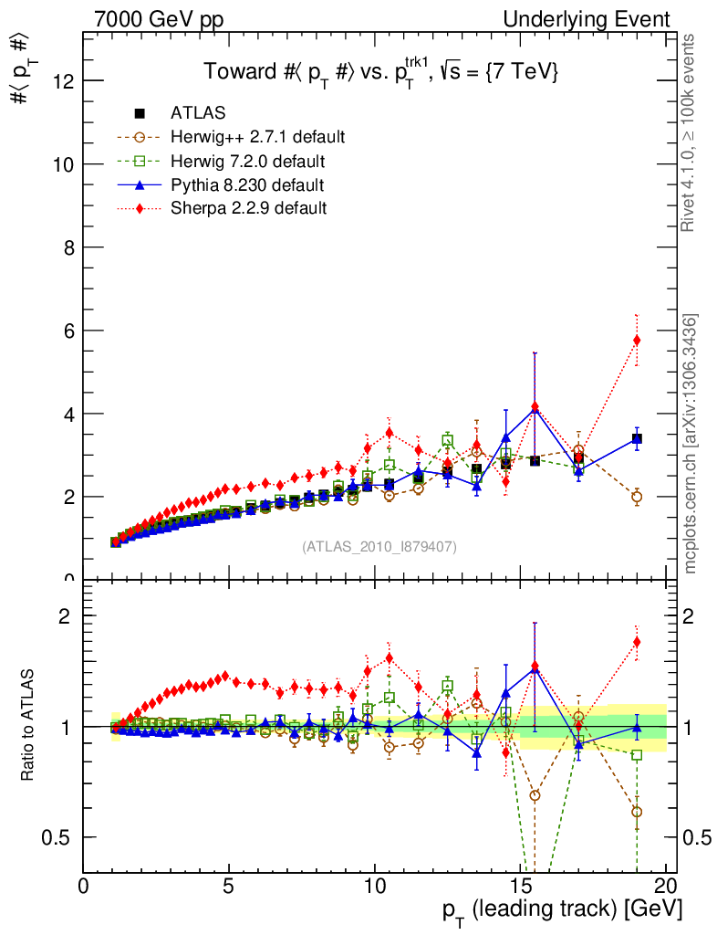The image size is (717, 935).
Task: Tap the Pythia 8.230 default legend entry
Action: (x=247, y=184)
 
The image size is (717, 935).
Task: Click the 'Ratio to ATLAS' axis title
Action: (x=29, y=726)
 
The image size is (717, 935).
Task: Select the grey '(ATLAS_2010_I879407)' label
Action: (x=379, y=546)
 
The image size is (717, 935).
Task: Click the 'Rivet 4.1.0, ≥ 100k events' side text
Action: (x=691, y=133)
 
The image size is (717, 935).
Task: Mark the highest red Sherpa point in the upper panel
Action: (x=637, y=341)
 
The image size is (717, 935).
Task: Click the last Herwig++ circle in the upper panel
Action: (x=637, y=497)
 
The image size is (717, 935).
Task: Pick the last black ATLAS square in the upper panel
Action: (x=637, y=439)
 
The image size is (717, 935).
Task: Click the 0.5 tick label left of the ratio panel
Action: (x=64, y=837)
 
